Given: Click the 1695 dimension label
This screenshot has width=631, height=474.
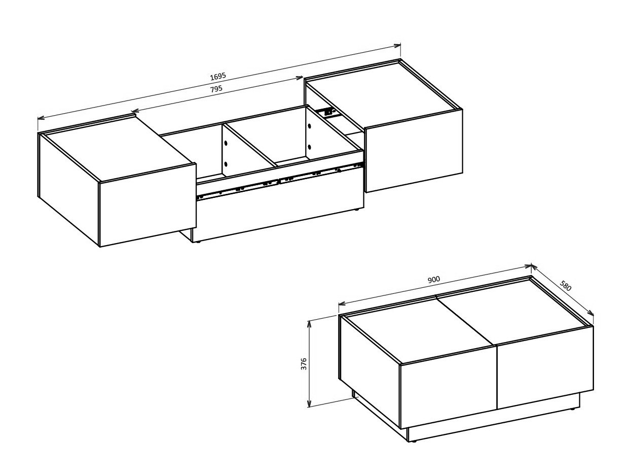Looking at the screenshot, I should tap(218, 77).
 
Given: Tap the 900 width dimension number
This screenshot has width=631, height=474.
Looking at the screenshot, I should tap(433, 280).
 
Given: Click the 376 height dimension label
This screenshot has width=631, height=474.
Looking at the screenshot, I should tap(304, 363).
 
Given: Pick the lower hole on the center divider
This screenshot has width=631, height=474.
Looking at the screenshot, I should tap(226, 163).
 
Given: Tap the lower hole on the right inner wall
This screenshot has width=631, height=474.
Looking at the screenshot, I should tap(309, 147).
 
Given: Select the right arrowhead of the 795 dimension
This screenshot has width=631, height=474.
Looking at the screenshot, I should tap(300, 78).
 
